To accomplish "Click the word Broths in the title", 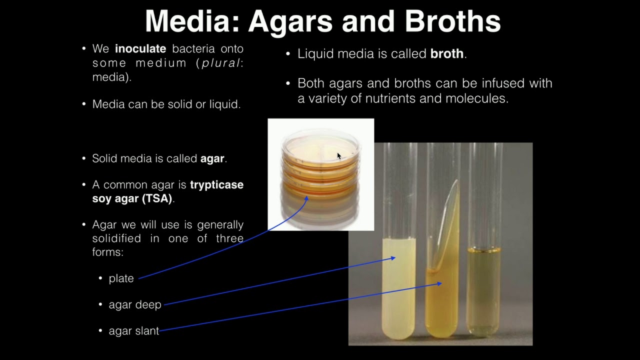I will (x=452, y=21).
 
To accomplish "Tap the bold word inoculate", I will (x=140, y=49).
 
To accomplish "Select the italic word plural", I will (x=220, y=63).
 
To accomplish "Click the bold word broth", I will (x=446, y=54).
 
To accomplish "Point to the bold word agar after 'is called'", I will (x=212, y=158).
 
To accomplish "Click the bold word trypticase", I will (x=216, y=184).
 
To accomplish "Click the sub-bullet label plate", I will (x=121, y=278).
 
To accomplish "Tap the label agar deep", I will (x=135, y=304).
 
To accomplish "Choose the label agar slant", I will (x=133, y=330).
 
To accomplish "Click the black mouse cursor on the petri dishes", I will (x=338, y=156).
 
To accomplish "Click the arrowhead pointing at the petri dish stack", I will (x=306, y=198).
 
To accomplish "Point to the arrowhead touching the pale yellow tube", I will (x=393, y=258).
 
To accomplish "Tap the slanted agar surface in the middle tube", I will (x=447, y=225).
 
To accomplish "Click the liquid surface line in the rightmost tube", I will (x=483, y=249).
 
